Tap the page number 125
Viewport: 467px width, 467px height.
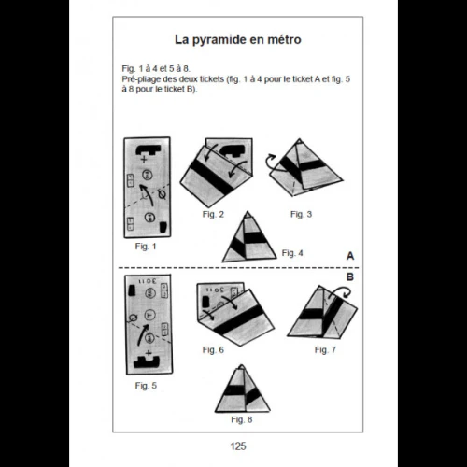(236, 446)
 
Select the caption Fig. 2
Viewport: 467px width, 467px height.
(213, 215)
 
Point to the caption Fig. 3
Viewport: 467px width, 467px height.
(300, 215)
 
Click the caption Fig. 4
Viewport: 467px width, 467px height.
(291, 252)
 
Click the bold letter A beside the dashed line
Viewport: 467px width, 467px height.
(349, 255)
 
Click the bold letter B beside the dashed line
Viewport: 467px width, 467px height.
(349, 277)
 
